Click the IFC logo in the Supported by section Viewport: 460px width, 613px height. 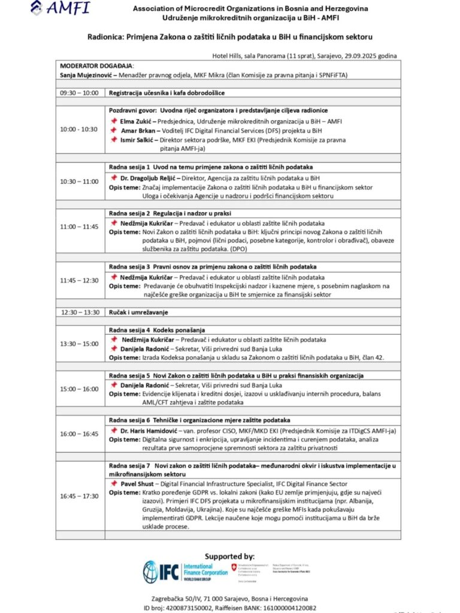[186, 572]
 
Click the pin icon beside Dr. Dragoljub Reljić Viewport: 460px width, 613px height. [113, 177]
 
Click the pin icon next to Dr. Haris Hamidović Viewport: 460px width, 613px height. [113, 430]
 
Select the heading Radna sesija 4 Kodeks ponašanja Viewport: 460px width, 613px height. [157, 330]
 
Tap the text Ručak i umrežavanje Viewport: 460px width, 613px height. [138, 312]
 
